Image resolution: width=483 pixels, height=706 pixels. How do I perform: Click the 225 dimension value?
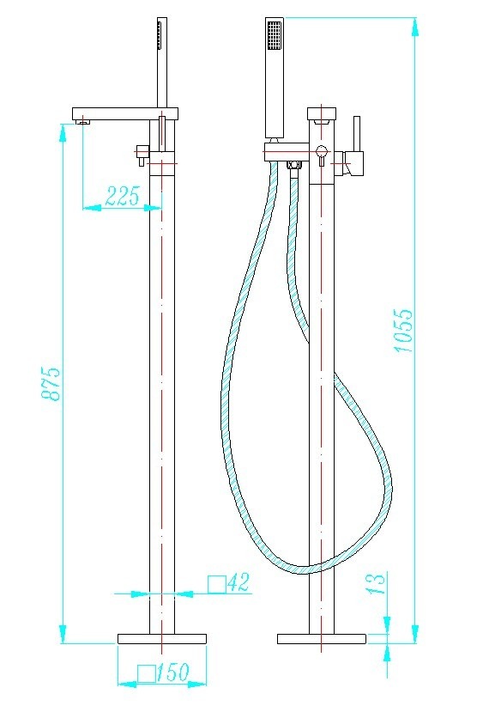coord(123,196)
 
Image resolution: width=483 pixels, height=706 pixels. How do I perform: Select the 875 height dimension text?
coord(51,383)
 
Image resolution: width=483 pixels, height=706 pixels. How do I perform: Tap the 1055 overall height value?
coord(402,330)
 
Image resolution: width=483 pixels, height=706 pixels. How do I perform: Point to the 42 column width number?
coord(238,582)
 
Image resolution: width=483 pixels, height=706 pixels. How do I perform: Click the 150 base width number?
coord(173,673)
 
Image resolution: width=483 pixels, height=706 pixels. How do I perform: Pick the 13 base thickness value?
coord(377,583)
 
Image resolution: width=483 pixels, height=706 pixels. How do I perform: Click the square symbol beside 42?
coord(216,584)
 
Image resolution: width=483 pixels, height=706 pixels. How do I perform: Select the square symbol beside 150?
coord(147,673)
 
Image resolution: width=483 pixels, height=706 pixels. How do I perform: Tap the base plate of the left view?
coord(162,638)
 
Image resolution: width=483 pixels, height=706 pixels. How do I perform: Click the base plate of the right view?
coord(322,638)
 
